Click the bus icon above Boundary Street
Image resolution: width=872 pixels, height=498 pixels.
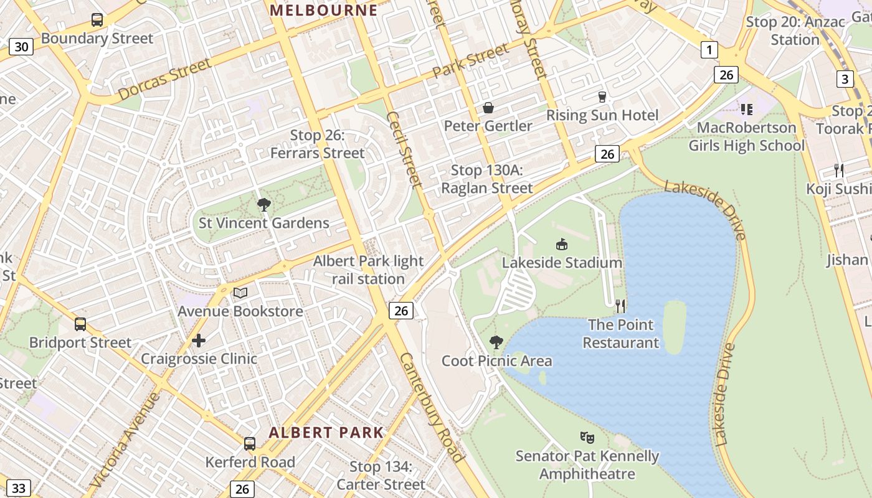[x=97, y=19]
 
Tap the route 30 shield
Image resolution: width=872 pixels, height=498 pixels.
[x=21, y=47]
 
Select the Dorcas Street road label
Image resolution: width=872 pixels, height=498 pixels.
[x=164, y=80]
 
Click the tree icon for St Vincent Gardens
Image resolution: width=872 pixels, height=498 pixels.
[x=263, y=204]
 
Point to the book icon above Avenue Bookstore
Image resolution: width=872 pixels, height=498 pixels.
[x=240, y=293]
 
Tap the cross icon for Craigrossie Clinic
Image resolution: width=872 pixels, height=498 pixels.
[x=199, y=341]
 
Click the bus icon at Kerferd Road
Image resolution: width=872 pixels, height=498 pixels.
[x=250, y=444]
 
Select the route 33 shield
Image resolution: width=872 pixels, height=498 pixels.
[x=19, y=488]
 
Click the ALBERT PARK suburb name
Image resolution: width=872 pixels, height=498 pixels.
[x=326, y=433]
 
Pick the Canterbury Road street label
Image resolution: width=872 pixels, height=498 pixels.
[x=432, y=407]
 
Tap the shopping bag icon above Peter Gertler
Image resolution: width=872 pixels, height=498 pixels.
[x=488, y=108]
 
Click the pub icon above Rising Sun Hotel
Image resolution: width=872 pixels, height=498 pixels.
[x=602, y=97]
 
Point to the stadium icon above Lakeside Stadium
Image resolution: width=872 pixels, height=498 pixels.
[x=562, y=245]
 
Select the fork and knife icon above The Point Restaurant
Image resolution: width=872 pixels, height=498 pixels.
[x=620, y=306]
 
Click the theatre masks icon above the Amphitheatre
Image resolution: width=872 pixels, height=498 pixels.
[x=586, y=438]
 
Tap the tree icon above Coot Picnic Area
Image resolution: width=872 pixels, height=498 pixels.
[x=496, y=342]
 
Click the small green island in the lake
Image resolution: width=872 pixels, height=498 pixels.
[x=674, y=326]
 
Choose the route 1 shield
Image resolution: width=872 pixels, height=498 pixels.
[x=709, y=50]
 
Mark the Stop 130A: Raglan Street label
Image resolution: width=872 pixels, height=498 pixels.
[x=487, y=179]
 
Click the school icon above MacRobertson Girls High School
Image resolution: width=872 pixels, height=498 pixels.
[x=746, y=110]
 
